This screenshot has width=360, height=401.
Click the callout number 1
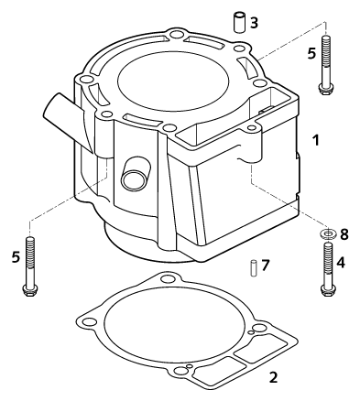pyautogui.click(x=316, y=140)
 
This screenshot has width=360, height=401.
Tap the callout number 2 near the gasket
pyautogui.click(x=273, y=377)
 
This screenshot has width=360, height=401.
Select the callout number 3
pyautogui.click(x=254, y=23)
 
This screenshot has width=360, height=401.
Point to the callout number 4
pyautogui.click(x=341, y=262)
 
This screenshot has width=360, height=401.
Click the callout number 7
pyautogui.click(x=265, y=266)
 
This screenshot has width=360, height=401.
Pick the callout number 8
pyautogui.click(x=344, y=234)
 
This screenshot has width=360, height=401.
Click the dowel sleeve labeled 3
pyautogui.click(x=240, y=22)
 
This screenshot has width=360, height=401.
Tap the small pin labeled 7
pyautogui.click(x=254, y=268)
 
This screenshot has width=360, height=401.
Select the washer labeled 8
pyautogui.click(x=327, y=233)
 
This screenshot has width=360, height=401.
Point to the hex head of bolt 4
pyautogui.click(x=327, y=290)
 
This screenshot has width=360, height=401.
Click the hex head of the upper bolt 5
pyautogui.click(x=325, y=89)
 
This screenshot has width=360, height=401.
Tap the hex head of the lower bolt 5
pyautogui.click(x=29, y=290)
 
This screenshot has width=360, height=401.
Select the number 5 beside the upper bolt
pyautogui.click(x=311, y=53)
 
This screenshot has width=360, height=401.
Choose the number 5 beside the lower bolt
pyautogui.click(x=16, y=257)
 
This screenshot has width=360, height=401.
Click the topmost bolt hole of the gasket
pyautogui.click(x=168, y=278)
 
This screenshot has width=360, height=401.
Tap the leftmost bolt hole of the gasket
pyautogui.click(x=89, y=322)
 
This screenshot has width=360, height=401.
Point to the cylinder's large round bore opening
pyautogui.click(x=173, y=80)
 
